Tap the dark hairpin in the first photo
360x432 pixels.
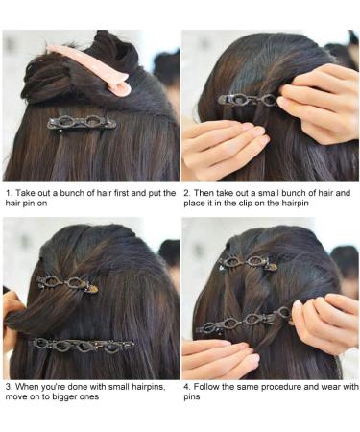[x=82, y=123]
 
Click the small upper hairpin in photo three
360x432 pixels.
[x=67, y=284]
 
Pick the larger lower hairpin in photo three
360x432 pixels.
[x=81, y=344]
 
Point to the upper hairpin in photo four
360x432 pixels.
[x=247, y=260]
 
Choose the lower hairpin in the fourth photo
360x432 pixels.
[x=244, y=321]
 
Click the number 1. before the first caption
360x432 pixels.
[x=8, y=193]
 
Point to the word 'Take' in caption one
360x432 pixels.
[x=26, y=193]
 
